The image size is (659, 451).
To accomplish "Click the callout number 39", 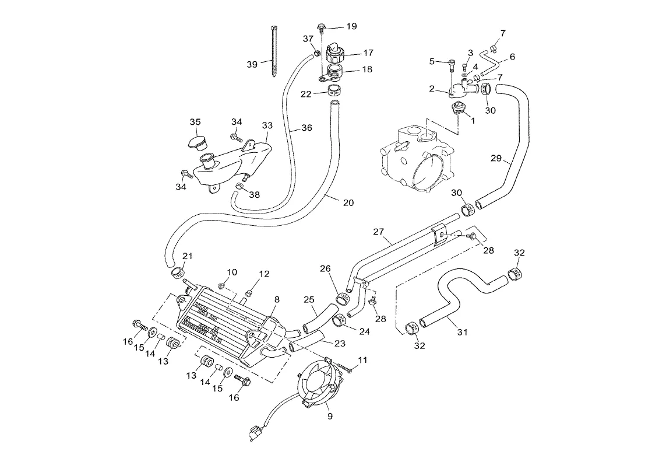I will coord(252,64).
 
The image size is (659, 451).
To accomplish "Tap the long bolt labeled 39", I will coord(274,53).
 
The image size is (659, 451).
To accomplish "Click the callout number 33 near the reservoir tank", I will coord(267,125).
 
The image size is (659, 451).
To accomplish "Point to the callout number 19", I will coord(351,26).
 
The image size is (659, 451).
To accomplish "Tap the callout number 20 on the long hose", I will coord(348,202).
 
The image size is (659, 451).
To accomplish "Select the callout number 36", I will coord(306,128).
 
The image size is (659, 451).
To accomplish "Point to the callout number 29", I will coord(496,158).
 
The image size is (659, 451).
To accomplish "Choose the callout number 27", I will coord(379,232).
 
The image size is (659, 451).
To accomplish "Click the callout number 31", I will coord(462,333).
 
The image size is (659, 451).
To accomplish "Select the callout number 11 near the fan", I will coord(363,360).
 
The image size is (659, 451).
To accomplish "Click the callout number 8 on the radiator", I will coord(277,299).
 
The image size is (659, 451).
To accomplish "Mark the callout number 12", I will coord(264,274).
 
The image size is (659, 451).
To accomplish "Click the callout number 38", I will coord(254,195).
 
